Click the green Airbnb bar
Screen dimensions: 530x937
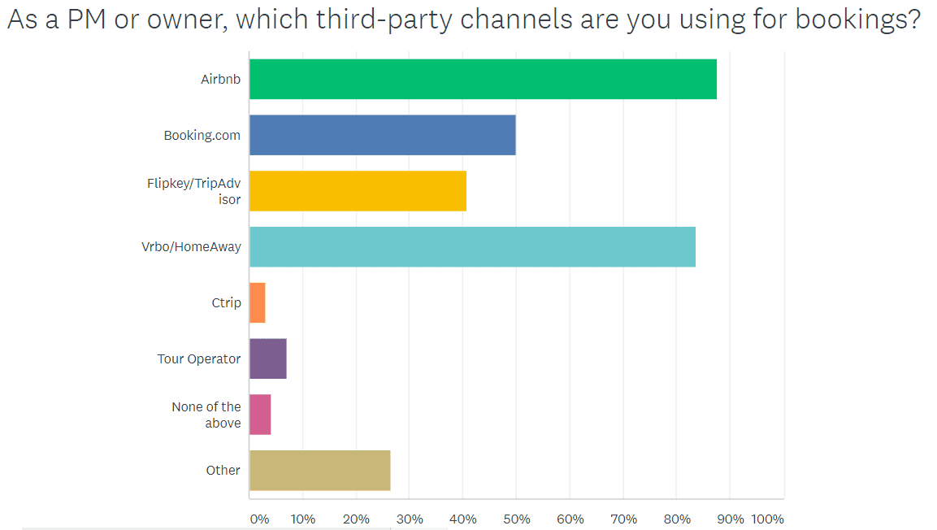click(483, 79)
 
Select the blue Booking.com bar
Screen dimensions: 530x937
click(382, 135)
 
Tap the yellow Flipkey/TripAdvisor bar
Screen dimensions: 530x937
click(358, 191)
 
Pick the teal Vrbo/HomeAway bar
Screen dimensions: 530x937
click(472, 246)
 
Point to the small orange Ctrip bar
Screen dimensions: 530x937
click(257, 302)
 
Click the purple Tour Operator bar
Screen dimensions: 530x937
click(267, 358)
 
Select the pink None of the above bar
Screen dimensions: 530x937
click(260, 415)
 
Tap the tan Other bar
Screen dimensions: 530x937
click(319, 470)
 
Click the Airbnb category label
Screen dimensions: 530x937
click(221, 80)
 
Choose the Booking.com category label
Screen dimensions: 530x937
click(202, 136)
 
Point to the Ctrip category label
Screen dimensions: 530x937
click(226, 303)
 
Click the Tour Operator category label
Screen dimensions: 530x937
click(199, 358)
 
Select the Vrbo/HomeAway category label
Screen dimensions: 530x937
click(191, 247)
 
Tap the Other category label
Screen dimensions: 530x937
click(223, 471)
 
